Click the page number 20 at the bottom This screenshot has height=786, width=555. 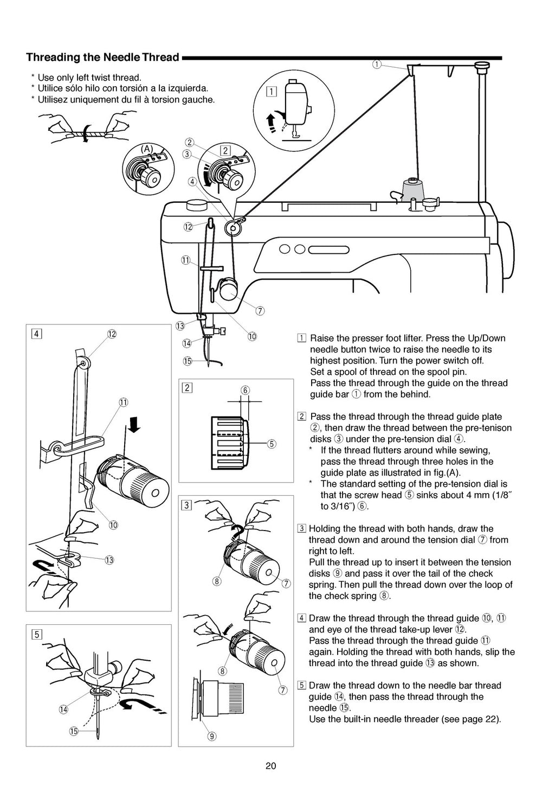pos(271,766)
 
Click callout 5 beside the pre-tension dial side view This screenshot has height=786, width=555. pos(272,443)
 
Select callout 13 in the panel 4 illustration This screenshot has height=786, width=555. pos(109,560)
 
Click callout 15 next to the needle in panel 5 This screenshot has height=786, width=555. pos(73,731)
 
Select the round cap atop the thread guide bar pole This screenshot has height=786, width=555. pos(481,66)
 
